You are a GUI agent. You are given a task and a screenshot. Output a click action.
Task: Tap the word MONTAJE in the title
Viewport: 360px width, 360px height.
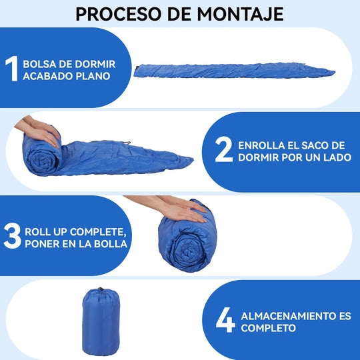tap(241, 14)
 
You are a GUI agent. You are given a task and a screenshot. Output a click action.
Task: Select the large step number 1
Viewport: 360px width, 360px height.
tap(12, 69)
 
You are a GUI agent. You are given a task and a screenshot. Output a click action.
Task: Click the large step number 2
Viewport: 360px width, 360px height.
tap(223, 149)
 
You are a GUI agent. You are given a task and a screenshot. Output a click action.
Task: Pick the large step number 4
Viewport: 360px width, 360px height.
tap(225, 320)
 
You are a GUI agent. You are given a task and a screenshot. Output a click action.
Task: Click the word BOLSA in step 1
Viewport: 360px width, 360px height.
tap(39, 64)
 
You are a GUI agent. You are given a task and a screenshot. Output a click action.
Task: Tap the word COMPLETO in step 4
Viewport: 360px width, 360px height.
tap(268, 328)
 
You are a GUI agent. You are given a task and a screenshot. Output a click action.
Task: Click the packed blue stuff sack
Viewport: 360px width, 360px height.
tap(101, 321)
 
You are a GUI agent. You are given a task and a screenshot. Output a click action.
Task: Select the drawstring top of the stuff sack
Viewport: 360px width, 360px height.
tap(100, 290)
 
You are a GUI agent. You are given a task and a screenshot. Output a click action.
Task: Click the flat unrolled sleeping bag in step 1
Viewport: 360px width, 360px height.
tap(234, 71)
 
